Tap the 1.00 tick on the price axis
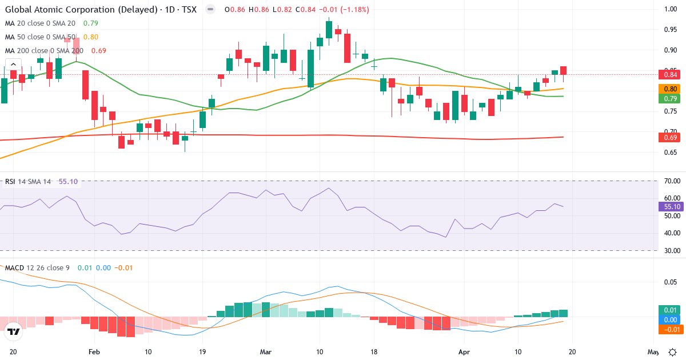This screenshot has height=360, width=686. tap(671, 9)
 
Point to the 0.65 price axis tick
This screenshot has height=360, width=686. tap(671, 153)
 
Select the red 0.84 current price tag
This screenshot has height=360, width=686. tap(671, 74)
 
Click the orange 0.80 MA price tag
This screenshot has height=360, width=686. tap(671, 89)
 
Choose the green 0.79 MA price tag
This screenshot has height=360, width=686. tap(671, 98)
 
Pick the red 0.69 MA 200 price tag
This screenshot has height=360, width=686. tap(671, 137)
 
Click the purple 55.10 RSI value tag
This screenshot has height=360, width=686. tap(671, 206)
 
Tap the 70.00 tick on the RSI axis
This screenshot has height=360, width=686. tap(671, 181)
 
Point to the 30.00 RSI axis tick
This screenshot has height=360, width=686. tap(671, 251)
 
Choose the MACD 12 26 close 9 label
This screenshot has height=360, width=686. tap(38, 267)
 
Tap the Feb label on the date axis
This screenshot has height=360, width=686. tap(95, 351)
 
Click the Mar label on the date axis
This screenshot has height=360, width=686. tap(266, 351)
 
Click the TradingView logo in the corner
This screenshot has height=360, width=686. tap(14, 331)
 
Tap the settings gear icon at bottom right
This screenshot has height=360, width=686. tap(673, 351)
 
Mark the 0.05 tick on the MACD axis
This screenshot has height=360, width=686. tap(671, 282)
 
